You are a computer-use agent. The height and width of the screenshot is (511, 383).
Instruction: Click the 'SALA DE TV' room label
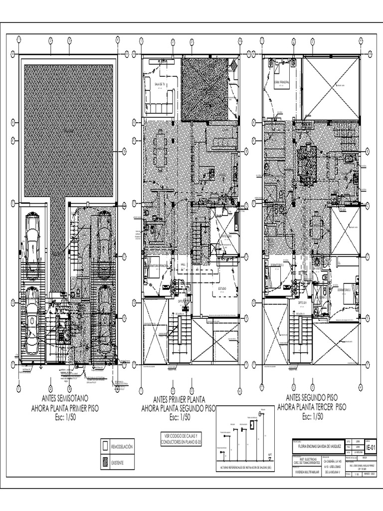[160, 84]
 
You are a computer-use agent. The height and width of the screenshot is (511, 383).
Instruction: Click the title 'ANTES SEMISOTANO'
[65, 399]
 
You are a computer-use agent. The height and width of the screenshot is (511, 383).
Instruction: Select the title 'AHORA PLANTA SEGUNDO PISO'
[178, 409]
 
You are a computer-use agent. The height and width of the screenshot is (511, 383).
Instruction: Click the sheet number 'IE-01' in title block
[370, 449]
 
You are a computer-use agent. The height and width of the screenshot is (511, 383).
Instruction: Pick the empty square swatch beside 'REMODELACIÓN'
[105, 446]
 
